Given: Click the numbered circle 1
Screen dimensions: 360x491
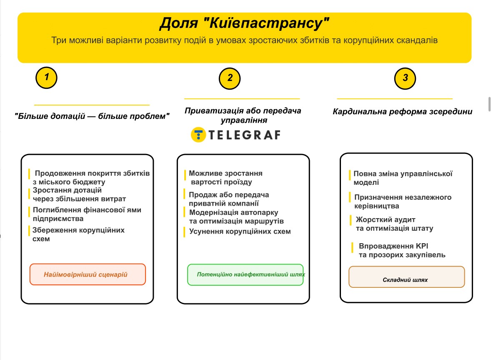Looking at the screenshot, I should (x=46, y=78).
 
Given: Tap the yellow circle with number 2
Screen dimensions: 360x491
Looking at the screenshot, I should (x=230, y=78).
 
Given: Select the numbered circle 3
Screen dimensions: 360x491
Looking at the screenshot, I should (x=405, y=78).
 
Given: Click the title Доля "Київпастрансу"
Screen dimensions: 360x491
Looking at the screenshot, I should (x=244, y=24).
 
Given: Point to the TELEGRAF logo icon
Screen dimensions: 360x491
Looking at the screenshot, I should (x=198, y=135).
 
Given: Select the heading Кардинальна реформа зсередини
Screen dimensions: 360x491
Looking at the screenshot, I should (x=402, y=112).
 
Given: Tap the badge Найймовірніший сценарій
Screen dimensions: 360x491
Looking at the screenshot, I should (x=88, y=274).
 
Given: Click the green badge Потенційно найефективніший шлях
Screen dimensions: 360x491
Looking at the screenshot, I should (x=245, y=275).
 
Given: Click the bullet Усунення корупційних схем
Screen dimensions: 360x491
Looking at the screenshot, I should (x=240, y=232).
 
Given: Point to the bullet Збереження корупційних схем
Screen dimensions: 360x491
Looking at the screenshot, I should (x=78, y=234).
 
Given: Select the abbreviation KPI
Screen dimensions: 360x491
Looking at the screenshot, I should (x=421, y=246).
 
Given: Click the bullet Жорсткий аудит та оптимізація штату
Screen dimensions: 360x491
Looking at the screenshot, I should (x=393, y=224).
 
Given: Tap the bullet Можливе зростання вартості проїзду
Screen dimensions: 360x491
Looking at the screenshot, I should (x=225, y=177).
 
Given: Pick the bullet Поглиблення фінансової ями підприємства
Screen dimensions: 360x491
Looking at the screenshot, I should (x=87, y=214).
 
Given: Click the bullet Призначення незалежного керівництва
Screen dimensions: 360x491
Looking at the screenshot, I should (x=402, y=201).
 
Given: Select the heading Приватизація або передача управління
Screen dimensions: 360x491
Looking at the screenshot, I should (x=243, y=116).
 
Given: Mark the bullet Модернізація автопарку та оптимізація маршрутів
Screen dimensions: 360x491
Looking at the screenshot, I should (x=236, y=217).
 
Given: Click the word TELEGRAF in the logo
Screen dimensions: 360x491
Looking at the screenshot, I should (x=244, y=135).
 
